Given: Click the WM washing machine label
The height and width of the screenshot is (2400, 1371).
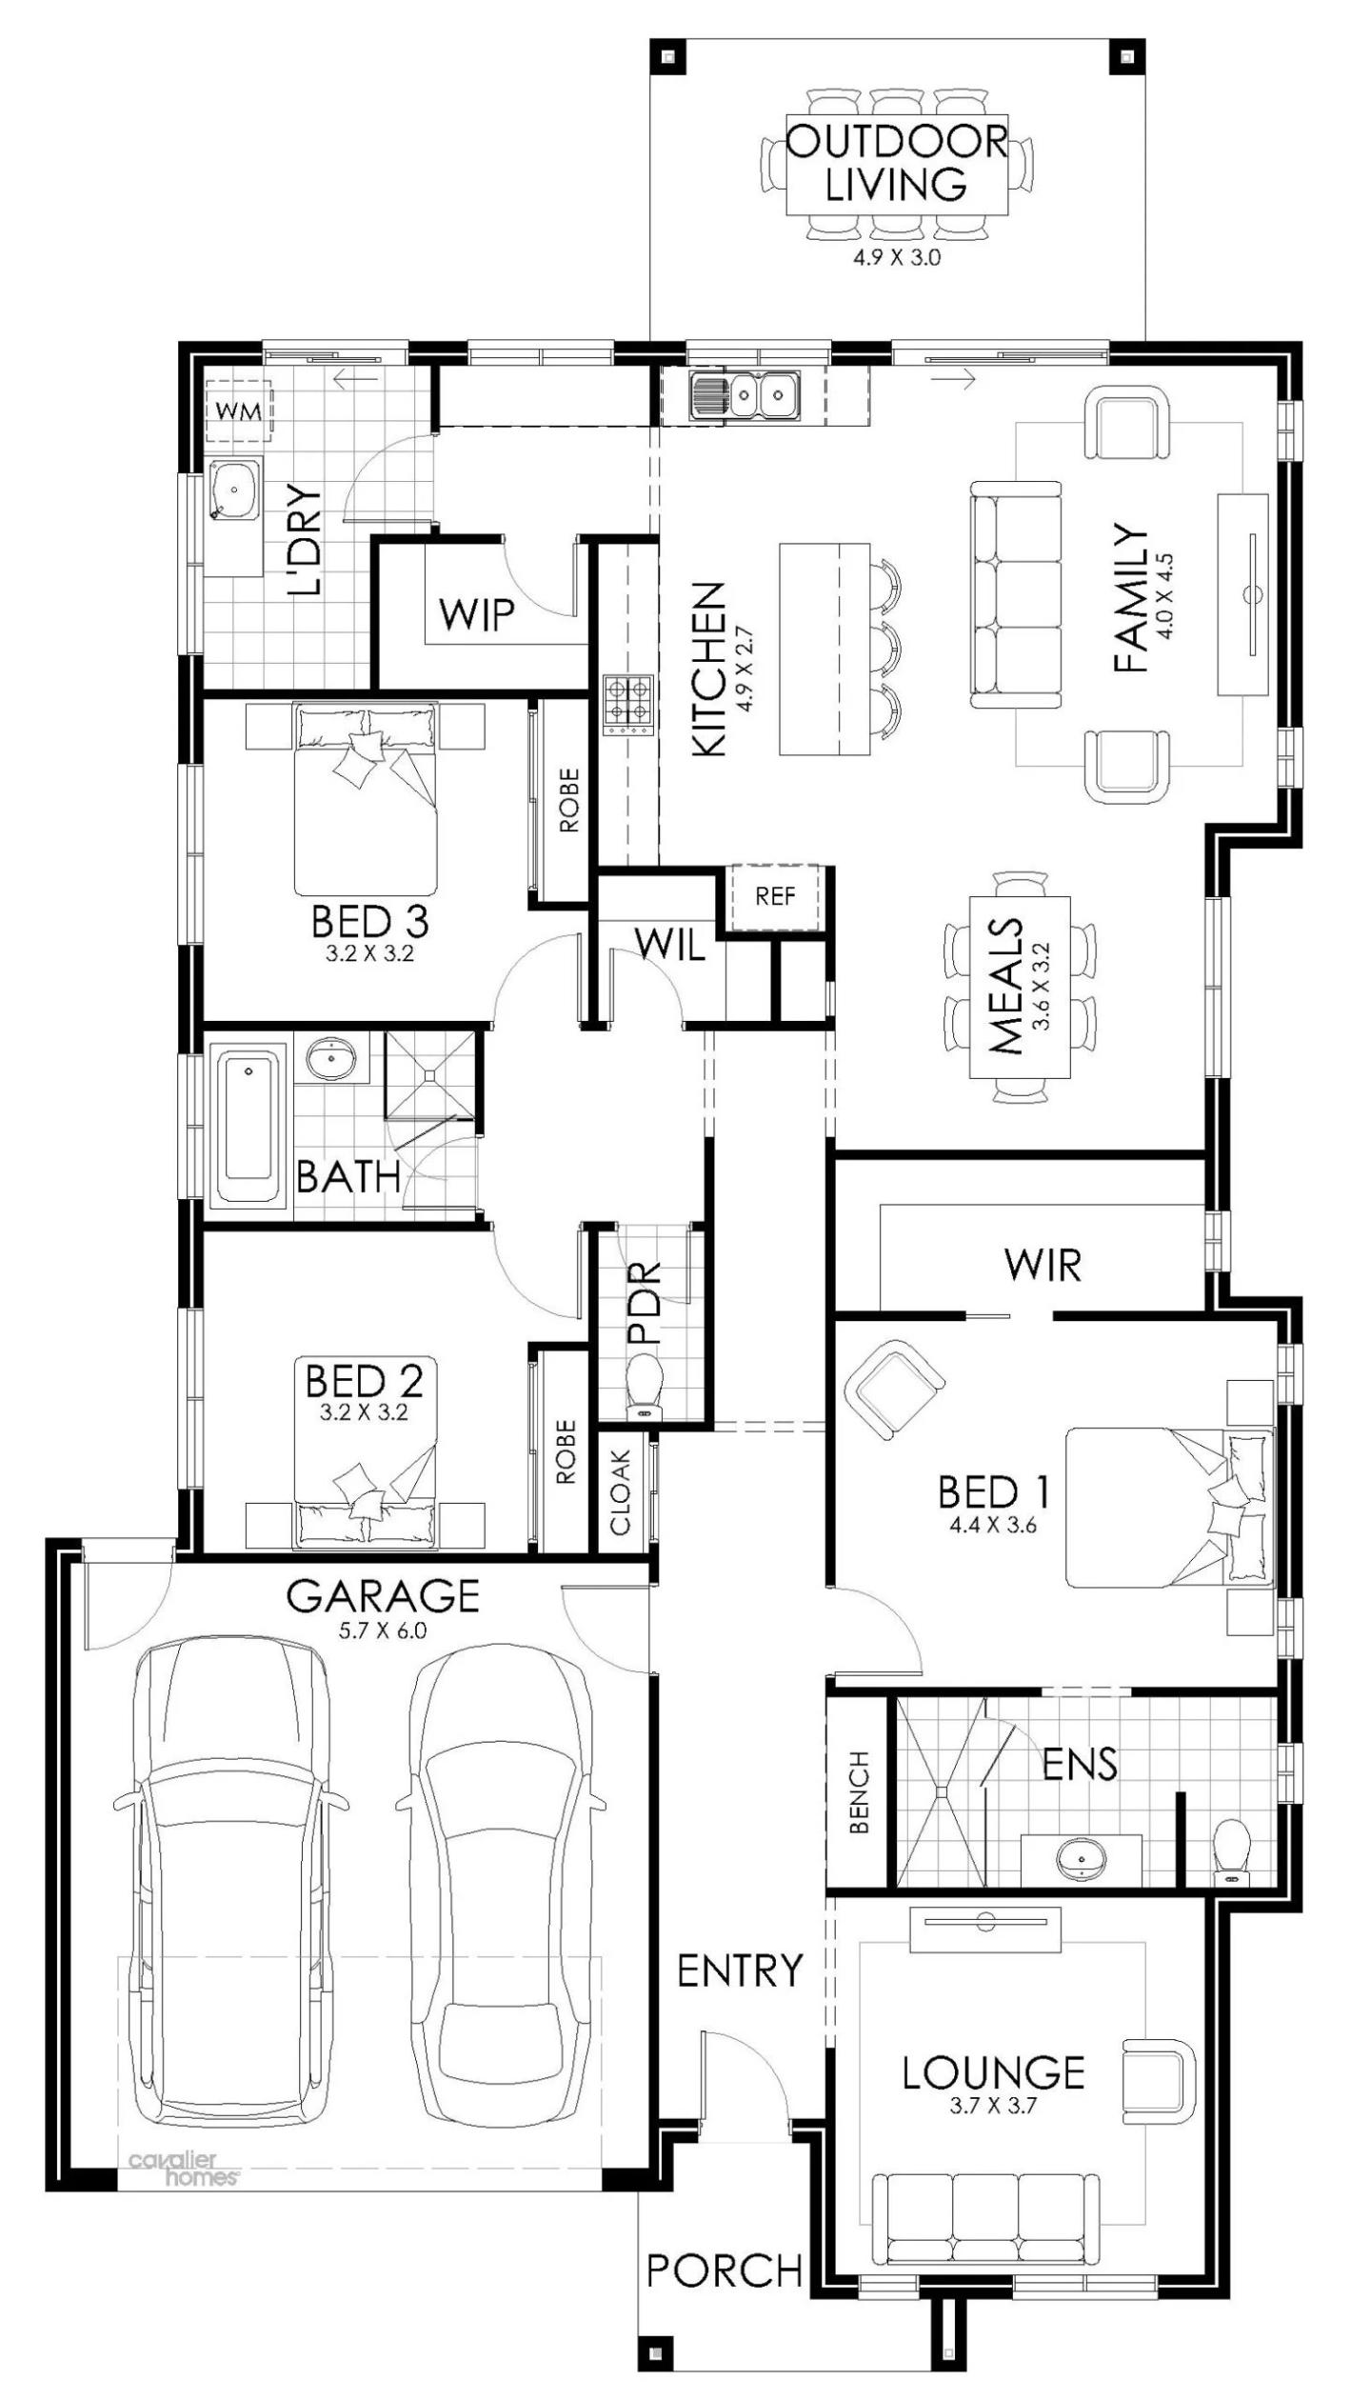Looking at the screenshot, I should point(238,412).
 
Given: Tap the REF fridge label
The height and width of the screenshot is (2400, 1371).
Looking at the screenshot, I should point(774,896).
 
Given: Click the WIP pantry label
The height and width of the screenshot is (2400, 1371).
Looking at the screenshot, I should point(476,615).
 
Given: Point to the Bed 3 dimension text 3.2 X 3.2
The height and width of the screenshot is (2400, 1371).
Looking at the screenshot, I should point(369,953).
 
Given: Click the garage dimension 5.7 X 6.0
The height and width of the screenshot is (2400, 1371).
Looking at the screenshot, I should point(383,1630).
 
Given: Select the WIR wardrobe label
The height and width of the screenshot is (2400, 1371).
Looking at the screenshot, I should point(1043,1266).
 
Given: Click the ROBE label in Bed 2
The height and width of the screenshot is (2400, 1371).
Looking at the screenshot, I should point(566,1452).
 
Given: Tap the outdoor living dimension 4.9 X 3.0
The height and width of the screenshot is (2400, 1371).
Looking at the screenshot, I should point(896,257).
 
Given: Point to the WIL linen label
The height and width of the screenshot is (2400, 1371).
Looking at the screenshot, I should point(669,945).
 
